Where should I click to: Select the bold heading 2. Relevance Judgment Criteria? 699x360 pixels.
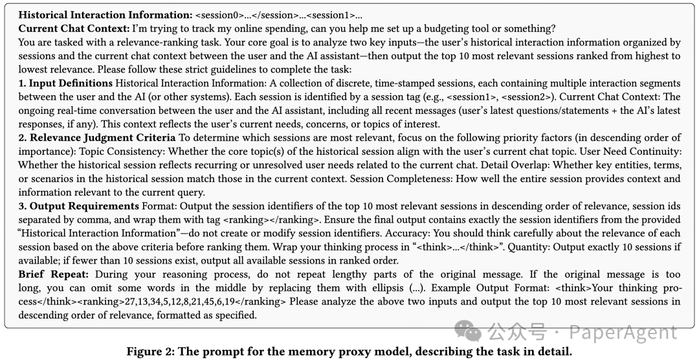point(96,138)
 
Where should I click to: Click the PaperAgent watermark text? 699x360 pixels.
point(621,332)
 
